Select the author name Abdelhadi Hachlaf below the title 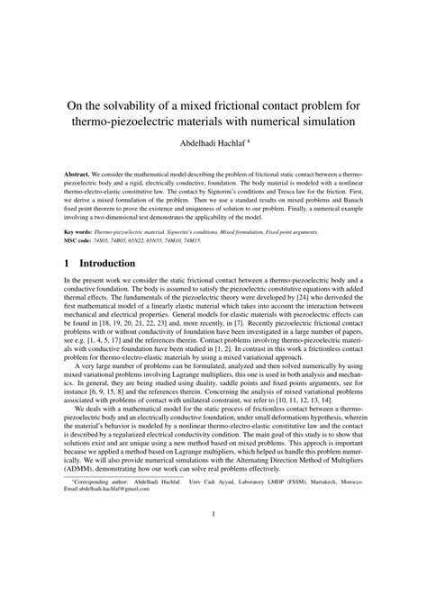point(210,144)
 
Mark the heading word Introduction point(108,264)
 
